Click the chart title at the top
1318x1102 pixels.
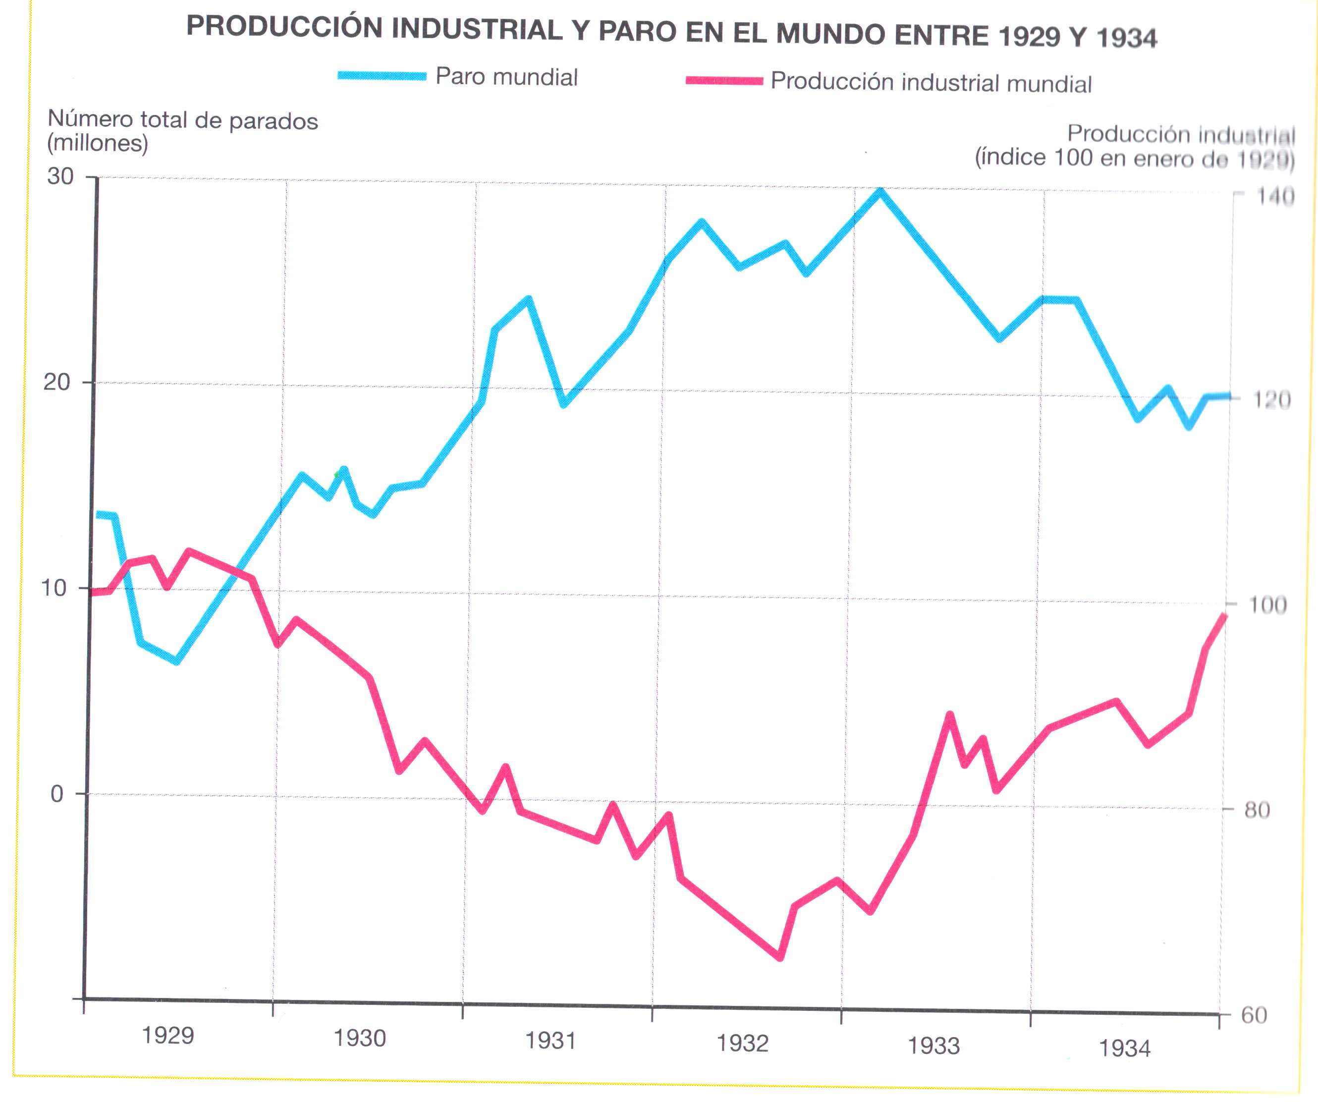(x=671, y=33)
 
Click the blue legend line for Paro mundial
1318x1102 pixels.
(x=382, y=76)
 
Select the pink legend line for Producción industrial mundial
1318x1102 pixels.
(x=723, y=81)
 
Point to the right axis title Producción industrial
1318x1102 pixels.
(x=1135, y=146)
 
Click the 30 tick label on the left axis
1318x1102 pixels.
(x=60, y=176)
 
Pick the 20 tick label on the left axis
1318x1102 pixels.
(x=56, y=382)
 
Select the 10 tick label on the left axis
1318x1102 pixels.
(x=54, y=588)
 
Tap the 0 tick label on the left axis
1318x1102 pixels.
(x=56, y=794)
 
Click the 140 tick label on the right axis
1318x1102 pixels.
(x=1275, y=197)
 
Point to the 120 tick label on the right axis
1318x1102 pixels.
(x=1271, y=400)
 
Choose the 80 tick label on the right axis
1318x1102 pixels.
(x=1257, y=810)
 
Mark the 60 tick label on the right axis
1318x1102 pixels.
(x=1254, y=1015)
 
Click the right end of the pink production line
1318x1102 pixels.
(x=1224, y=615)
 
